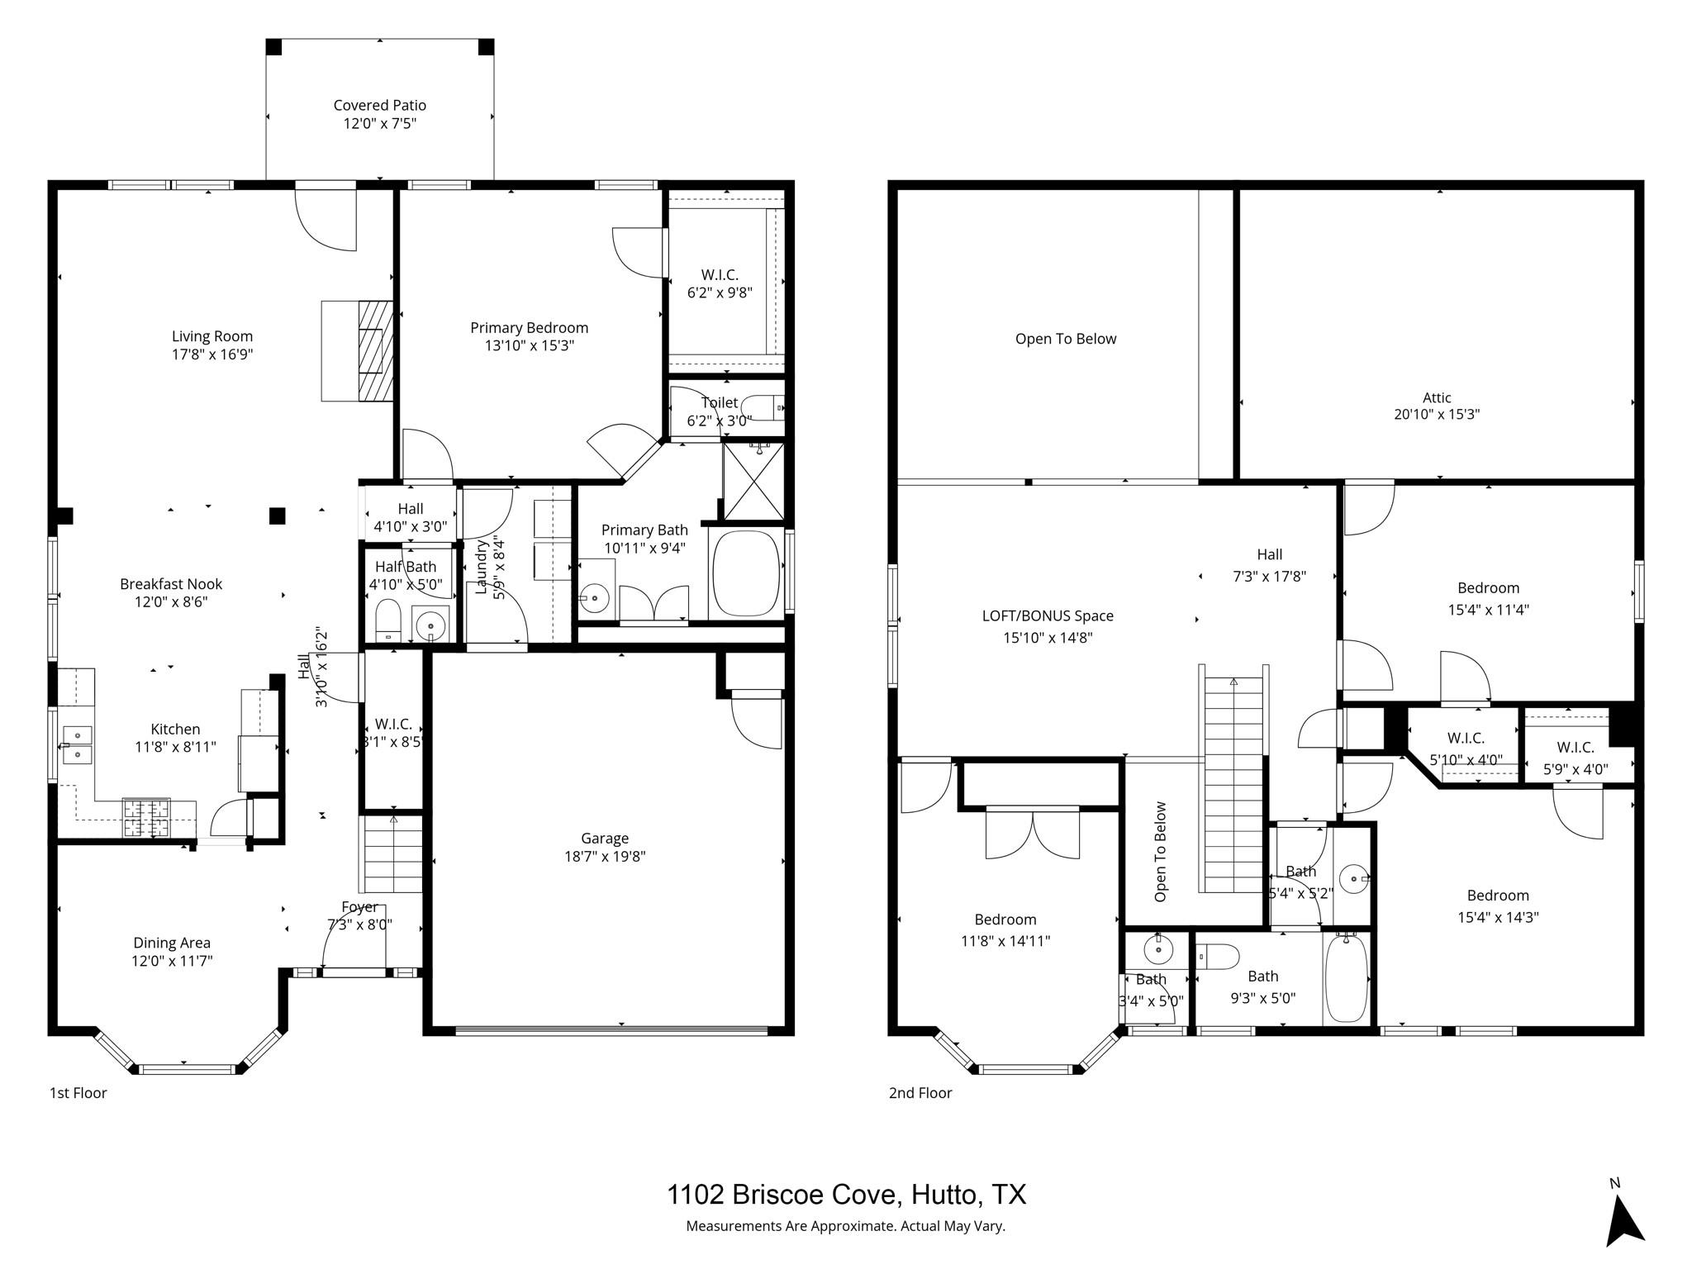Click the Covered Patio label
(379, 105)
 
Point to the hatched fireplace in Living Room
(376, 351)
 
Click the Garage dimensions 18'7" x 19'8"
(604, 857)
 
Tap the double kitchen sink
(77, 744)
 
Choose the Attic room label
(1437, 397)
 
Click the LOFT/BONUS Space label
(1047, 615)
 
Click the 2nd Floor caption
(920, 1093)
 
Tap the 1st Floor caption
(78, 1093)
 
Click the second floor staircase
(1233, 785)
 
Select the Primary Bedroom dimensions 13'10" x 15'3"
(529, 345)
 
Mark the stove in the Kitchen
(146, 817)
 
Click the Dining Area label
(172, 943)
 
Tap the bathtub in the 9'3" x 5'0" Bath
(1346, 980)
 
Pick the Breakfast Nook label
(171, 584)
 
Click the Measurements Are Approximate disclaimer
(845, 1226)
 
